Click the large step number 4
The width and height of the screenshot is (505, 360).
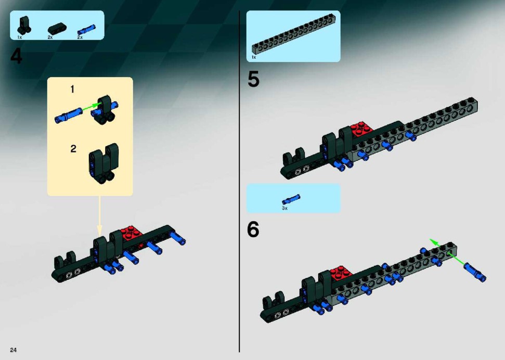(17, 56)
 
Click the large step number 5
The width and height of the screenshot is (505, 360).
(253, 79)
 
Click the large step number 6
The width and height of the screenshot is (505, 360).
(253, 229)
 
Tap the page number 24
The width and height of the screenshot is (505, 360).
(13, 350)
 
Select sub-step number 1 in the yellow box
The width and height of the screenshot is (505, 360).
(72, 89)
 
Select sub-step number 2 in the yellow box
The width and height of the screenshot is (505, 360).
(73, 149)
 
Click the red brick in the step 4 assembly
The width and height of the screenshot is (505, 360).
(131, 234)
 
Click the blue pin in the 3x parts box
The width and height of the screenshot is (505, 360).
(291, 199)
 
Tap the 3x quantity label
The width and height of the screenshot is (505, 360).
(284, 208)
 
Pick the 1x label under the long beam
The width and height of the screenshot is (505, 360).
(253, 57)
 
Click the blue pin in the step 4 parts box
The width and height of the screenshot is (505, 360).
(86, 30)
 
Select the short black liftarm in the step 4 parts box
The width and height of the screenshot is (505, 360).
(57, 29)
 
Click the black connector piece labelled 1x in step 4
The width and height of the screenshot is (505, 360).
(24, 25)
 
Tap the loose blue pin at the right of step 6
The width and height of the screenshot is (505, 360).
(475, 272)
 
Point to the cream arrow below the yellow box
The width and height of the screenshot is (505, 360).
(99, 215)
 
